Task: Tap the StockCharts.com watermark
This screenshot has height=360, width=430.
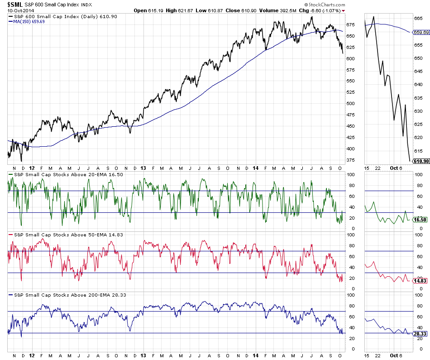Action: (x=322, y=4)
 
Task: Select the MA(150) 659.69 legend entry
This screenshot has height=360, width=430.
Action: (x=32, y=21)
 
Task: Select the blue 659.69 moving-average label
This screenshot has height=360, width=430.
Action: (x=421, y=32)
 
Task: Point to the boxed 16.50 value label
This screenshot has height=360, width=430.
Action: (x=421, y=219)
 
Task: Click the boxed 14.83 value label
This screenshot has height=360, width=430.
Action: (x=421, y=281)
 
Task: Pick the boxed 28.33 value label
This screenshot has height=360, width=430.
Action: (x=421, y=333)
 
